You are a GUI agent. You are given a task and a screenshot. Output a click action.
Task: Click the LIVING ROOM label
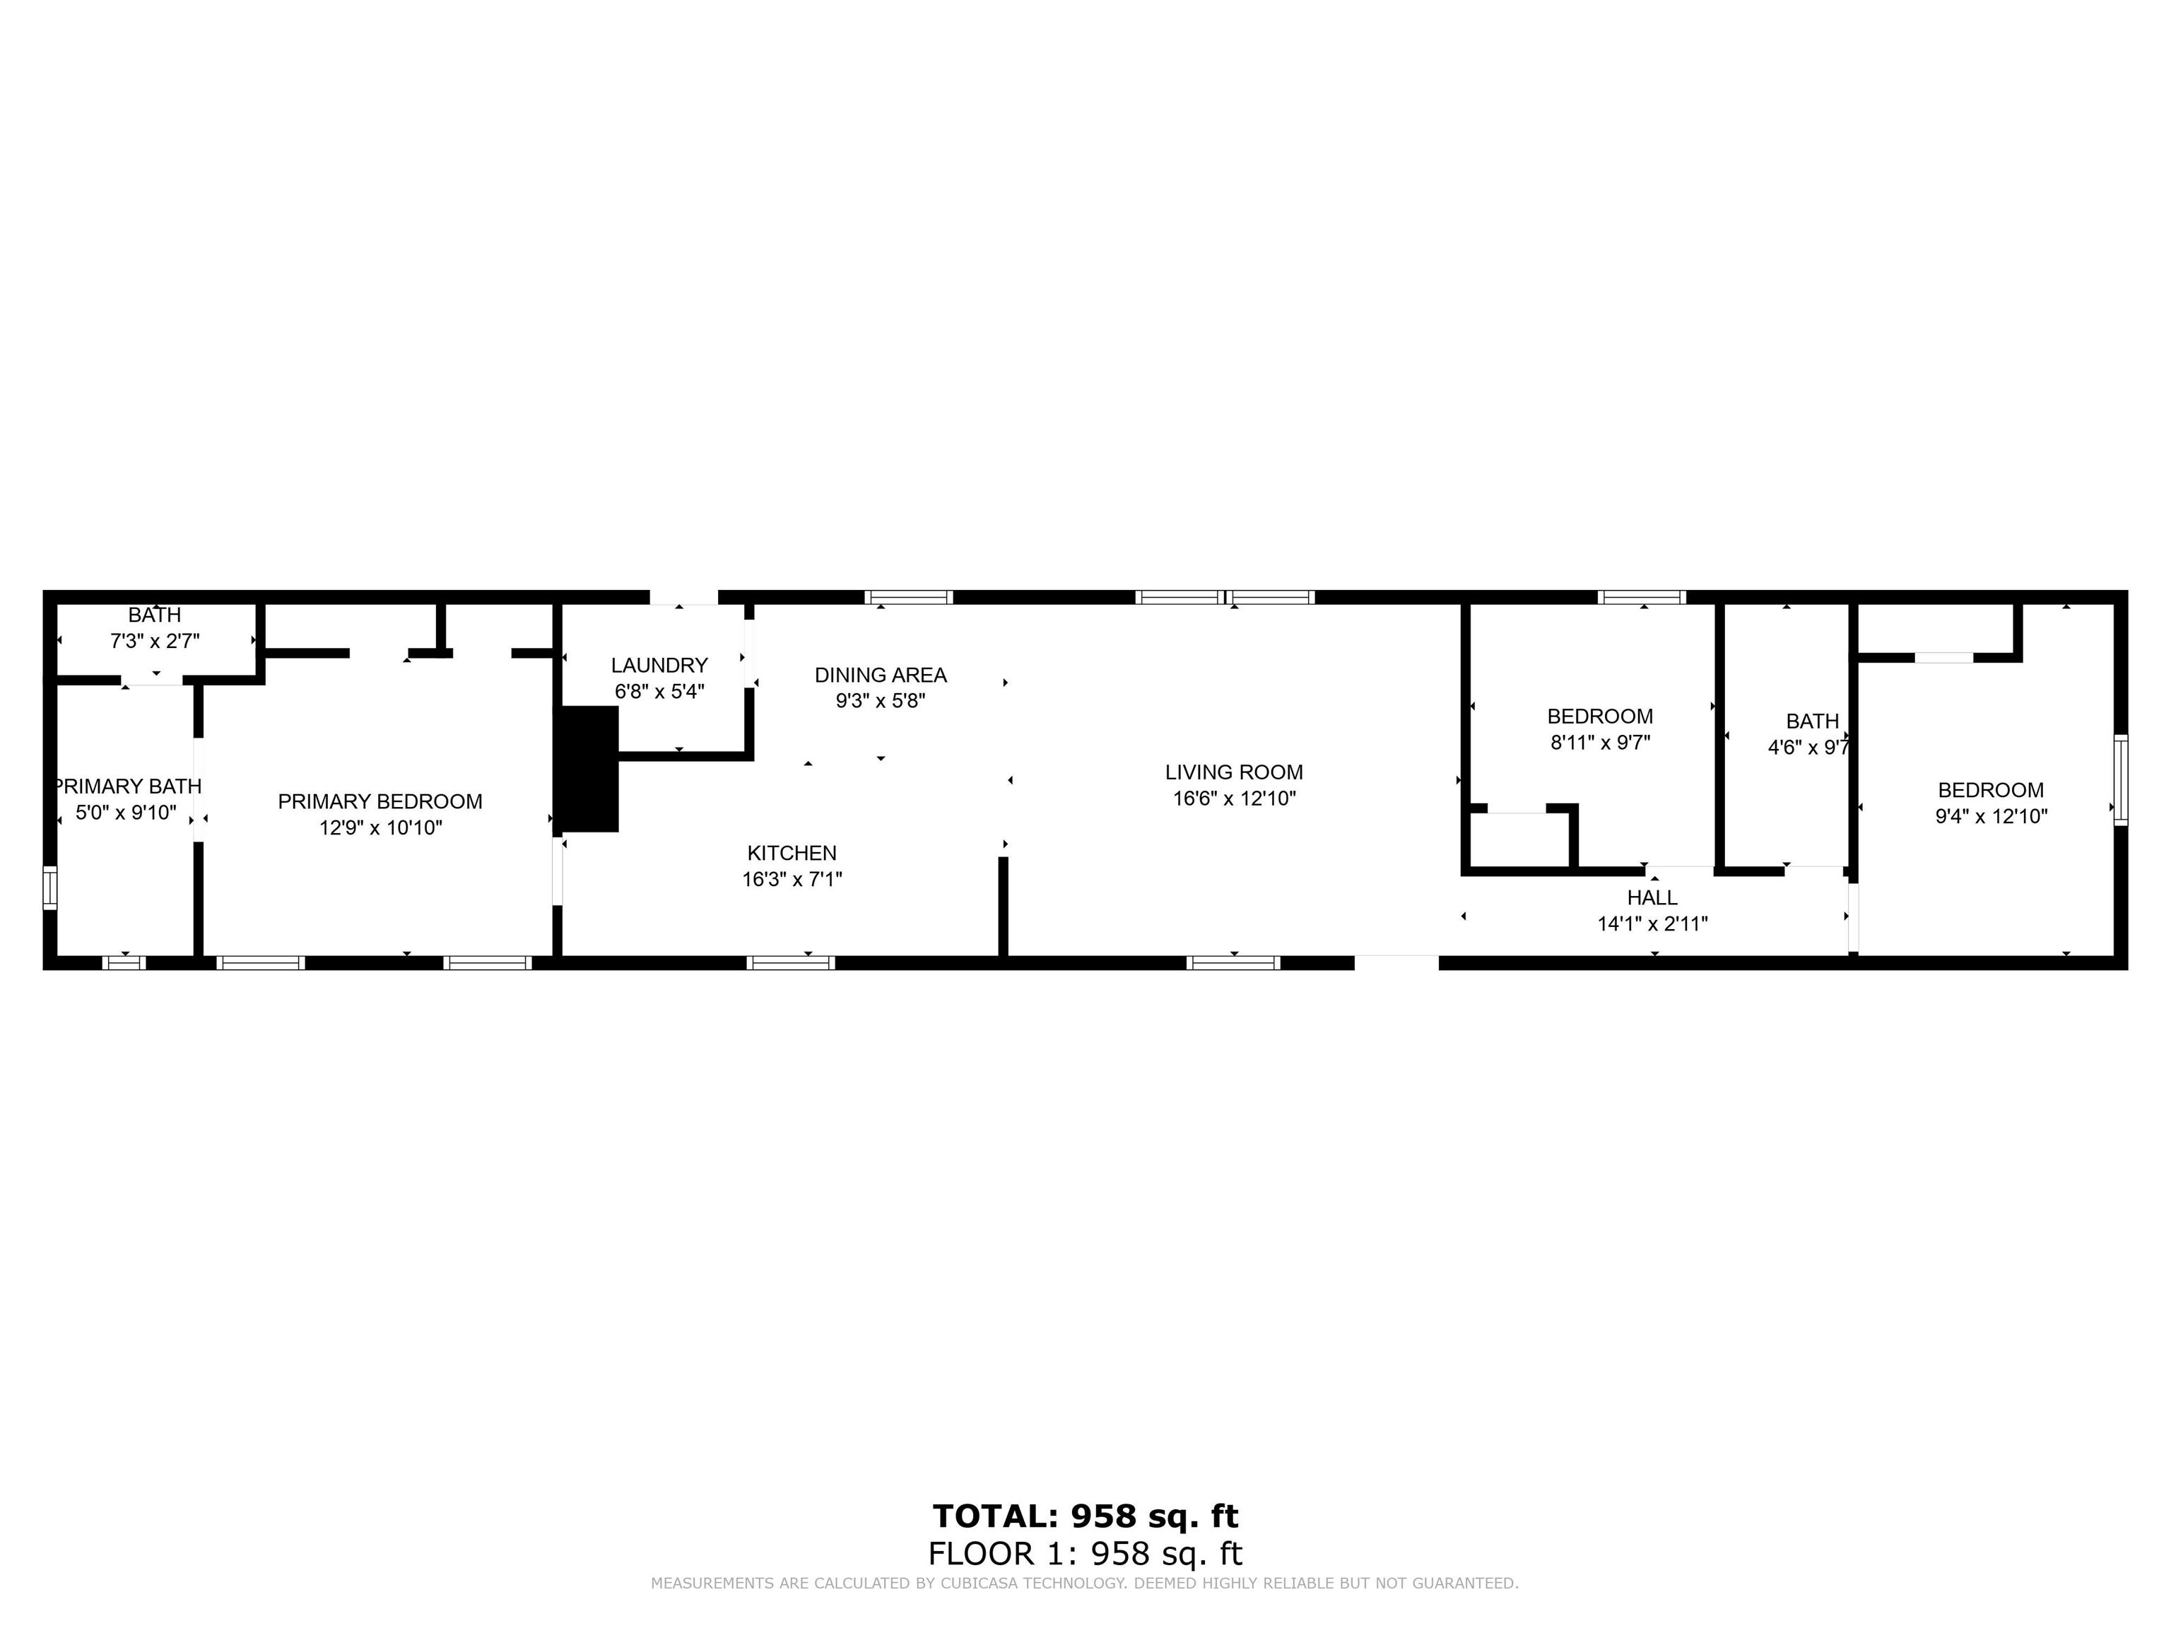(x=1234, y=772)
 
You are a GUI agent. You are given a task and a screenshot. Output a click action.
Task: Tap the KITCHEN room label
(x=792, y=853)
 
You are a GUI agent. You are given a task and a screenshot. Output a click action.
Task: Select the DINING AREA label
(x=881, y=675)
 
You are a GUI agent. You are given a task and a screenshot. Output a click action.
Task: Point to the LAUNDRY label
(x=659, y=666)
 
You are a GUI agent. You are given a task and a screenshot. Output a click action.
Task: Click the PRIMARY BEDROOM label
(x=380, y=802)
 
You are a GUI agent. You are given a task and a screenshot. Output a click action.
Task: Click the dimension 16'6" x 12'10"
(x=1234, y=798)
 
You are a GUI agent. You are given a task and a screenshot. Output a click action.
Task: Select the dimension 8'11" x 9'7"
(x=1600, y=743)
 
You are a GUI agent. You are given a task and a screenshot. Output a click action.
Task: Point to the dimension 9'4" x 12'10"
(x=1990, y=816)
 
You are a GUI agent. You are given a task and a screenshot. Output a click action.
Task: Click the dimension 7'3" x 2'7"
(x=154, y=642)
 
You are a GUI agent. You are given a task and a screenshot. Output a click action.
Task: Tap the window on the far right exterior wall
(x=2120, y=779)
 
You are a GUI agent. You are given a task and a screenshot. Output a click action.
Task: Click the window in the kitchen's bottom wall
(x=791, y=962)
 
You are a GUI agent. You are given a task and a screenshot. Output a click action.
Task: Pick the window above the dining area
(x=909, y=596)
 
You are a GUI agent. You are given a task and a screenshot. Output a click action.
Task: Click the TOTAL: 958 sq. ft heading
(x=1085, y=1516)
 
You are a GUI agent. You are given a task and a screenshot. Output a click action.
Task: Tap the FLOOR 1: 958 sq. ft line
(x=1085, y=1553)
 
